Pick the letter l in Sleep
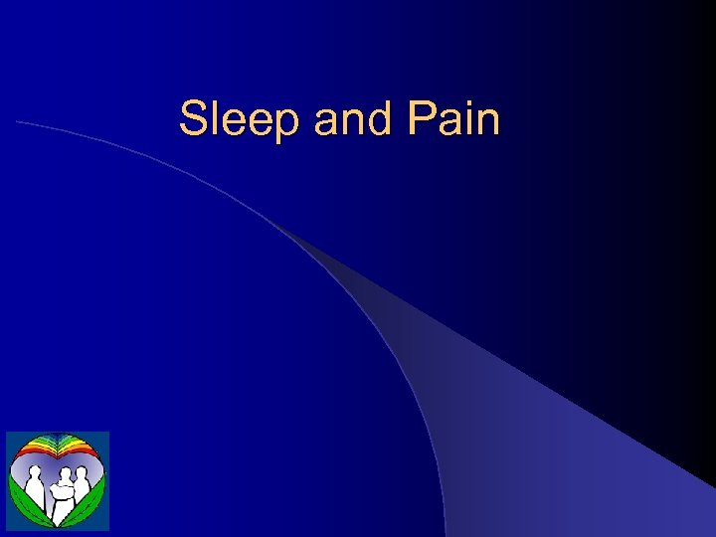tap(213, 119)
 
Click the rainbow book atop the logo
tap(57, 447)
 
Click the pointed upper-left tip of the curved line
tap(17, 121)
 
